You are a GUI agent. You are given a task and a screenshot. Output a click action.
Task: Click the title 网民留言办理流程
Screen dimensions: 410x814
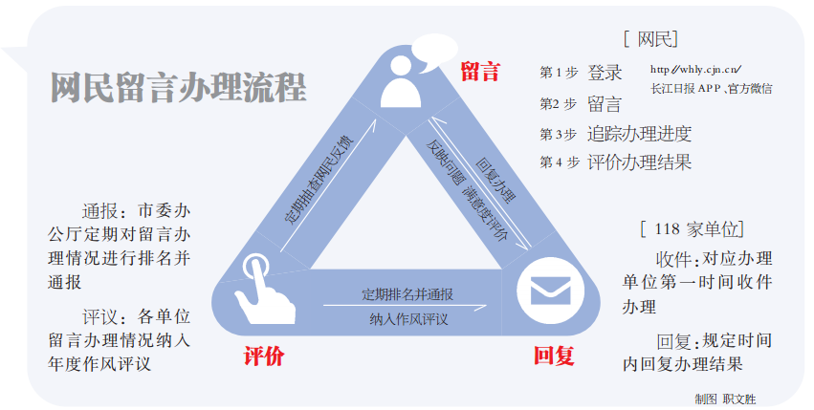pyautogui.click(x=179, y=86)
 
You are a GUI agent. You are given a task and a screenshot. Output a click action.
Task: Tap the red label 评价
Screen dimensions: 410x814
pyautogui.click(x=263, y=357)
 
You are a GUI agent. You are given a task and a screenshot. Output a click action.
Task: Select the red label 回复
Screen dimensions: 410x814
pyautogui.click(x=553, y=356)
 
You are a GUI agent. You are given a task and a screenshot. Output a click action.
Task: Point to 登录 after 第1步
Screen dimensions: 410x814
pyautogui.click(x=605, y=73)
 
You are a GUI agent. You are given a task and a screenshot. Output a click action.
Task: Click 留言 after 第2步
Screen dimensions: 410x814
pyautogui.click(x=605, y=103)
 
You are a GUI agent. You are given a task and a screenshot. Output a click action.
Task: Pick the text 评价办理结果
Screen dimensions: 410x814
pyautogui.click(x=638, y=162)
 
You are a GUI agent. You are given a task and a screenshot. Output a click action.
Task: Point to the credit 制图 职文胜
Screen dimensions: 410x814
pyautogui.click(x=724, y=398)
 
